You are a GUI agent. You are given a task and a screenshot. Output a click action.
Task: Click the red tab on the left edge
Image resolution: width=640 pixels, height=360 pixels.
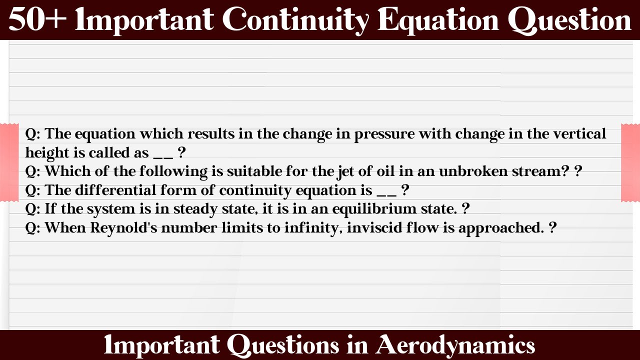tap(9, 162)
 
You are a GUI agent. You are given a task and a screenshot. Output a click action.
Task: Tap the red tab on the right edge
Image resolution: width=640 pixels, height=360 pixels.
tap(630, 162)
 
